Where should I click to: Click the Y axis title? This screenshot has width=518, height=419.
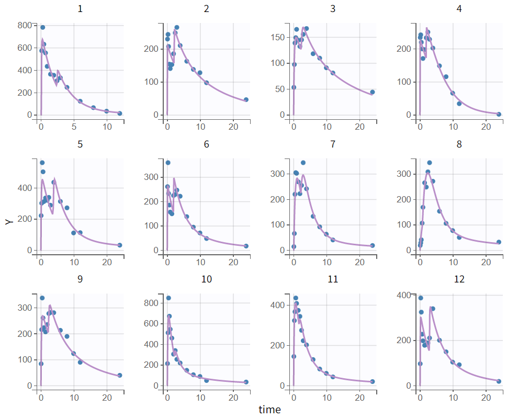click(x=8, y=221)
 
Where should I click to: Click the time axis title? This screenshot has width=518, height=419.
click(x=269, y=410)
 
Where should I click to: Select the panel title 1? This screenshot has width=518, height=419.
click(x=80, y=8)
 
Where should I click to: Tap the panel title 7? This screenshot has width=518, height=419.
click(x=333, y=144)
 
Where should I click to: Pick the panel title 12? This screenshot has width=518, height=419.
click(x=459, y=279)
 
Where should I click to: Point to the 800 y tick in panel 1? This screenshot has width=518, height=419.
click(x=24, y=25)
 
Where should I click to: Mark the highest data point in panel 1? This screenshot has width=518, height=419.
click(x=43, y=27)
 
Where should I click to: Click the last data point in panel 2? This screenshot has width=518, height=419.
click(x=246, y=99)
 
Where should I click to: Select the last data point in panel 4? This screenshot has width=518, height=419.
click(x=499, y=114)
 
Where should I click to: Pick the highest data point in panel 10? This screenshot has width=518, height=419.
click(x=168, y=298)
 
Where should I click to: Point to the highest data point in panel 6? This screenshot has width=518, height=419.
click(x=168, y=163)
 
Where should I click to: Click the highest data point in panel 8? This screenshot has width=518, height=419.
click(x=430, y=163)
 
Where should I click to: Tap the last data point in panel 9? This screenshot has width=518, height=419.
click(x=120, y=375)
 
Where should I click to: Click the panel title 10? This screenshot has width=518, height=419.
click(x=206, y=279)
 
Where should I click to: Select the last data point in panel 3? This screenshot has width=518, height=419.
click(x=373, y=92)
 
